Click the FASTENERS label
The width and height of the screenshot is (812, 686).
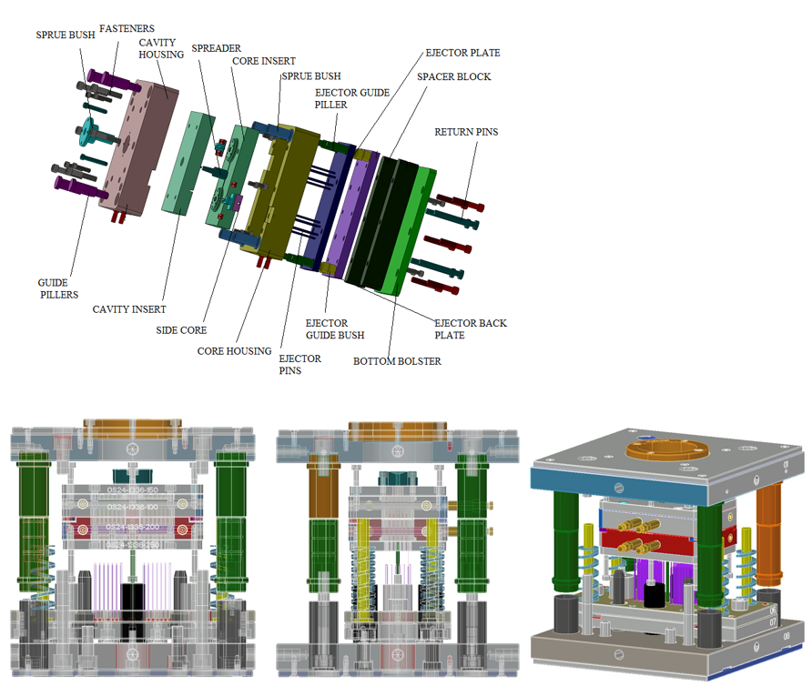pos(127,29)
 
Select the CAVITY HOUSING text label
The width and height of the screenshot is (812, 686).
pos(161,48)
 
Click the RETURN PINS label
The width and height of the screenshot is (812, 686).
pos(466,132)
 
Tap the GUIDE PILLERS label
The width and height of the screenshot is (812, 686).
pos(58,288)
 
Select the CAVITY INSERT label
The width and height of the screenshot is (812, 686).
pos(129,309)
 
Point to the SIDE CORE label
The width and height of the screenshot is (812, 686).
pos(181,330)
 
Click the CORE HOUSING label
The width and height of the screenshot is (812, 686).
pos(235,350)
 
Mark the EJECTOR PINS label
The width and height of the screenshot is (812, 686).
pos(299,365)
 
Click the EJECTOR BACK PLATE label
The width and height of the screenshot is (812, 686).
pos(471,329)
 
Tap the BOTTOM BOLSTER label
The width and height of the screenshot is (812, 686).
pos(397,361)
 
